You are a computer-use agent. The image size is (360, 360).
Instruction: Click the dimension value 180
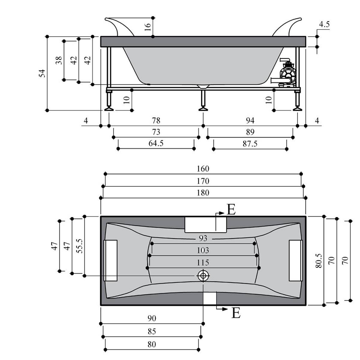(203, 193)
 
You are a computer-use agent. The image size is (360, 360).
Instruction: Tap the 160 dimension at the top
(203, 169)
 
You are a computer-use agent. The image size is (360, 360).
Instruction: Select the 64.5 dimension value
(156, 143)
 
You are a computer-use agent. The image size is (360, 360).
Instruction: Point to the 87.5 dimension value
(250, 144)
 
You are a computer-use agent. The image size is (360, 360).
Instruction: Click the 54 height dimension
(43, 73)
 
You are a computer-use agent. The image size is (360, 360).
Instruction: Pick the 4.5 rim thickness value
(324, 24)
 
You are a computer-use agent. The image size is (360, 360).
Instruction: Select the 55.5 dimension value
(79, 246)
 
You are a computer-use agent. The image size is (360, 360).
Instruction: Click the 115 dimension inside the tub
(203, 262)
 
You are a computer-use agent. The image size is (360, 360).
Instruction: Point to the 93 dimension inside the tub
(203, 238)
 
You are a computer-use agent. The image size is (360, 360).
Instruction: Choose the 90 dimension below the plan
(152, 318)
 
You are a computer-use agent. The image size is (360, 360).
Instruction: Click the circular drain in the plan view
(203, 275)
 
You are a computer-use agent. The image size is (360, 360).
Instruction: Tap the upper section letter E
(231, 210)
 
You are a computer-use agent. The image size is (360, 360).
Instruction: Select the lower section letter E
(236, 313)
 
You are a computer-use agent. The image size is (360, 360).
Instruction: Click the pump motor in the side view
(287, 72)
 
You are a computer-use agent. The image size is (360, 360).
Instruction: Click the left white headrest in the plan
(110, 260)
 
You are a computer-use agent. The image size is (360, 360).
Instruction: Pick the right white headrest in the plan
(295, 260)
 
